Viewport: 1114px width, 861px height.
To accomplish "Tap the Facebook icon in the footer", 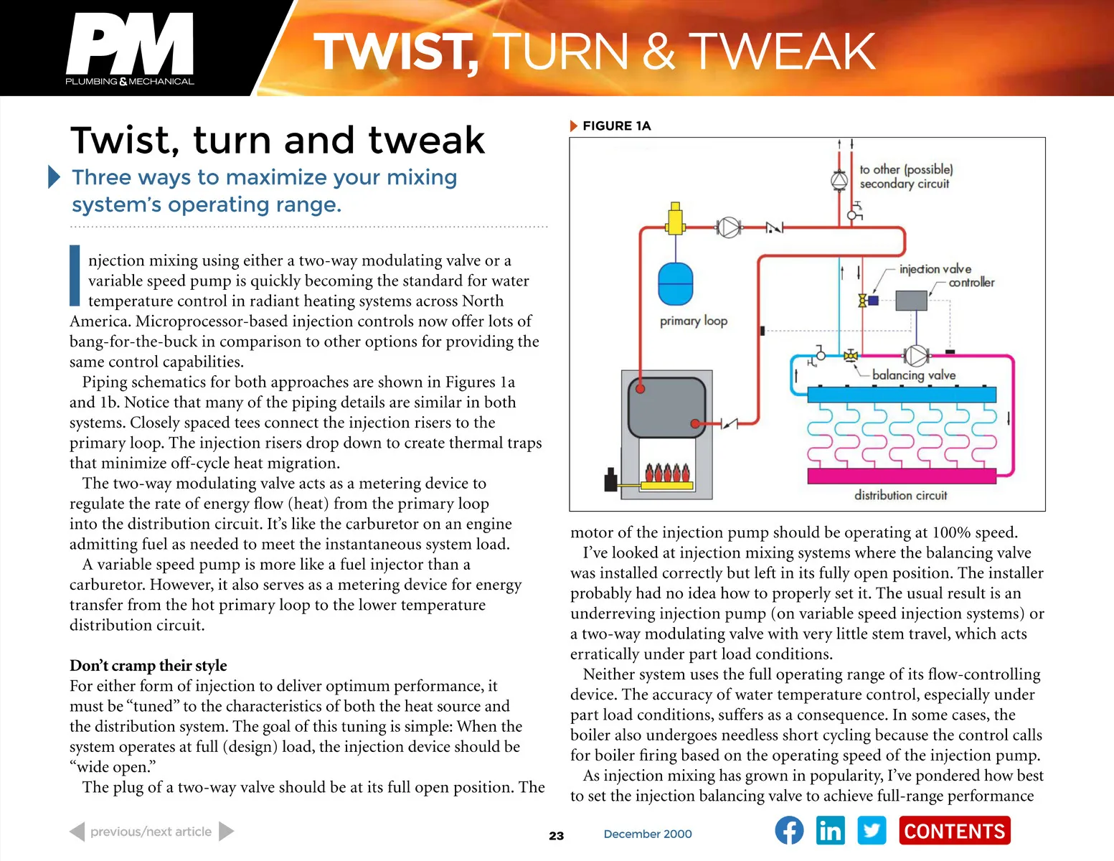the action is pyautogui.click(x=789, y=829).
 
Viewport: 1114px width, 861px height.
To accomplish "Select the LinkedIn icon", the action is pyautogui.click(x=830, y=829).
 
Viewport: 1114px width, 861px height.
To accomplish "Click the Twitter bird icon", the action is pyautogui.click(x=872, y=829).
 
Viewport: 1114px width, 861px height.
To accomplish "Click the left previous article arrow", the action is pyautogui.click(x=77, y=831).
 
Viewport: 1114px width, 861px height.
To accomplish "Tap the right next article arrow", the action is pyautogui.click(x=226, y=831).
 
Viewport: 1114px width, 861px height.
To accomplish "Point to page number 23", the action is pyautogui.click(x=556, y=836).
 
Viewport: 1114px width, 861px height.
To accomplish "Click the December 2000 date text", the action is pyautogui.click(x=648, y=834).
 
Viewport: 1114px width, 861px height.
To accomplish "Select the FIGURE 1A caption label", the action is pyautogui.click(x=617, y=126).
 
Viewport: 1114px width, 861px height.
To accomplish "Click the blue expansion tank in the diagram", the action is pyautogui.click(x=675, y=283).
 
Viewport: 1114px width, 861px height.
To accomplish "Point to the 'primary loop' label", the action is pyautogui.click(x=694, y=321).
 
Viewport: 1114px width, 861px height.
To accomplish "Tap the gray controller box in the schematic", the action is pyautogui.click(x=911, y=301).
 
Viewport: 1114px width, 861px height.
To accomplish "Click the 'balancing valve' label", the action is pyautogui.click(x=914, y=375).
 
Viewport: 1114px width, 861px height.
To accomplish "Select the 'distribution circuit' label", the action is pyautogui.click(x=900, y=495).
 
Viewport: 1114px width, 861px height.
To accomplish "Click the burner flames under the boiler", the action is pyautogui.click(x=666, y=472).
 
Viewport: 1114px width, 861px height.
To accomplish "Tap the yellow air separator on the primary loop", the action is pyautogui.click(x=675, y=219).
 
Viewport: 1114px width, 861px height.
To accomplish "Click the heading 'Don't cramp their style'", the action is pyautogui.click(x=148, y=666).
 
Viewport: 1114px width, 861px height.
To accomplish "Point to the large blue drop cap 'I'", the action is pyautogui.click(x=75, y=276).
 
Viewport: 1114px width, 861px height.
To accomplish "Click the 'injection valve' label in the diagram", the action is pyautogui.click(x=935, y=269).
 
